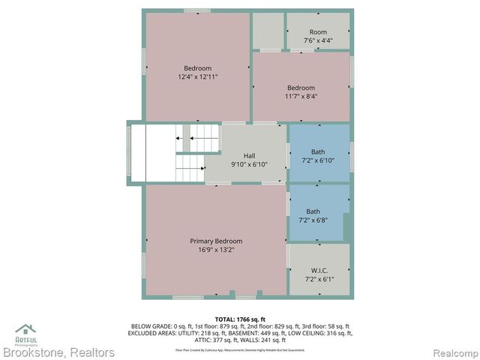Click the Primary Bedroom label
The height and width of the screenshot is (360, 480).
click(x=216, y=241)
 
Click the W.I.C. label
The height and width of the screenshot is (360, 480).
click(x=319, y=270)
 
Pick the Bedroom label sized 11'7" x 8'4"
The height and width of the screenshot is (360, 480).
click(x=301, y=87)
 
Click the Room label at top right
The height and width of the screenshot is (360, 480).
click(x=319, y=32)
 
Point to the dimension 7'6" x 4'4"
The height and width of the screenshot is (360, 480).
click(x=319, y=40)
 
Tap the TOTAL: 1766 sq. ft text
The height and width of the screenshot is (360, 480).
click(x=240, y=319)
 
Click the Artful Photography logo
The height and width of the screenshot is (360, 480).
click(x=26, y=332)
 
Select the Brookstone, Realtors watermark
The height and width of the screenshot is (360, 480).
click(x=58, y=352)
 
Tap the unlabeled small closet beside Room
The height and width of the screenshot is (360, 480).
click(x=268, y=30)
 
